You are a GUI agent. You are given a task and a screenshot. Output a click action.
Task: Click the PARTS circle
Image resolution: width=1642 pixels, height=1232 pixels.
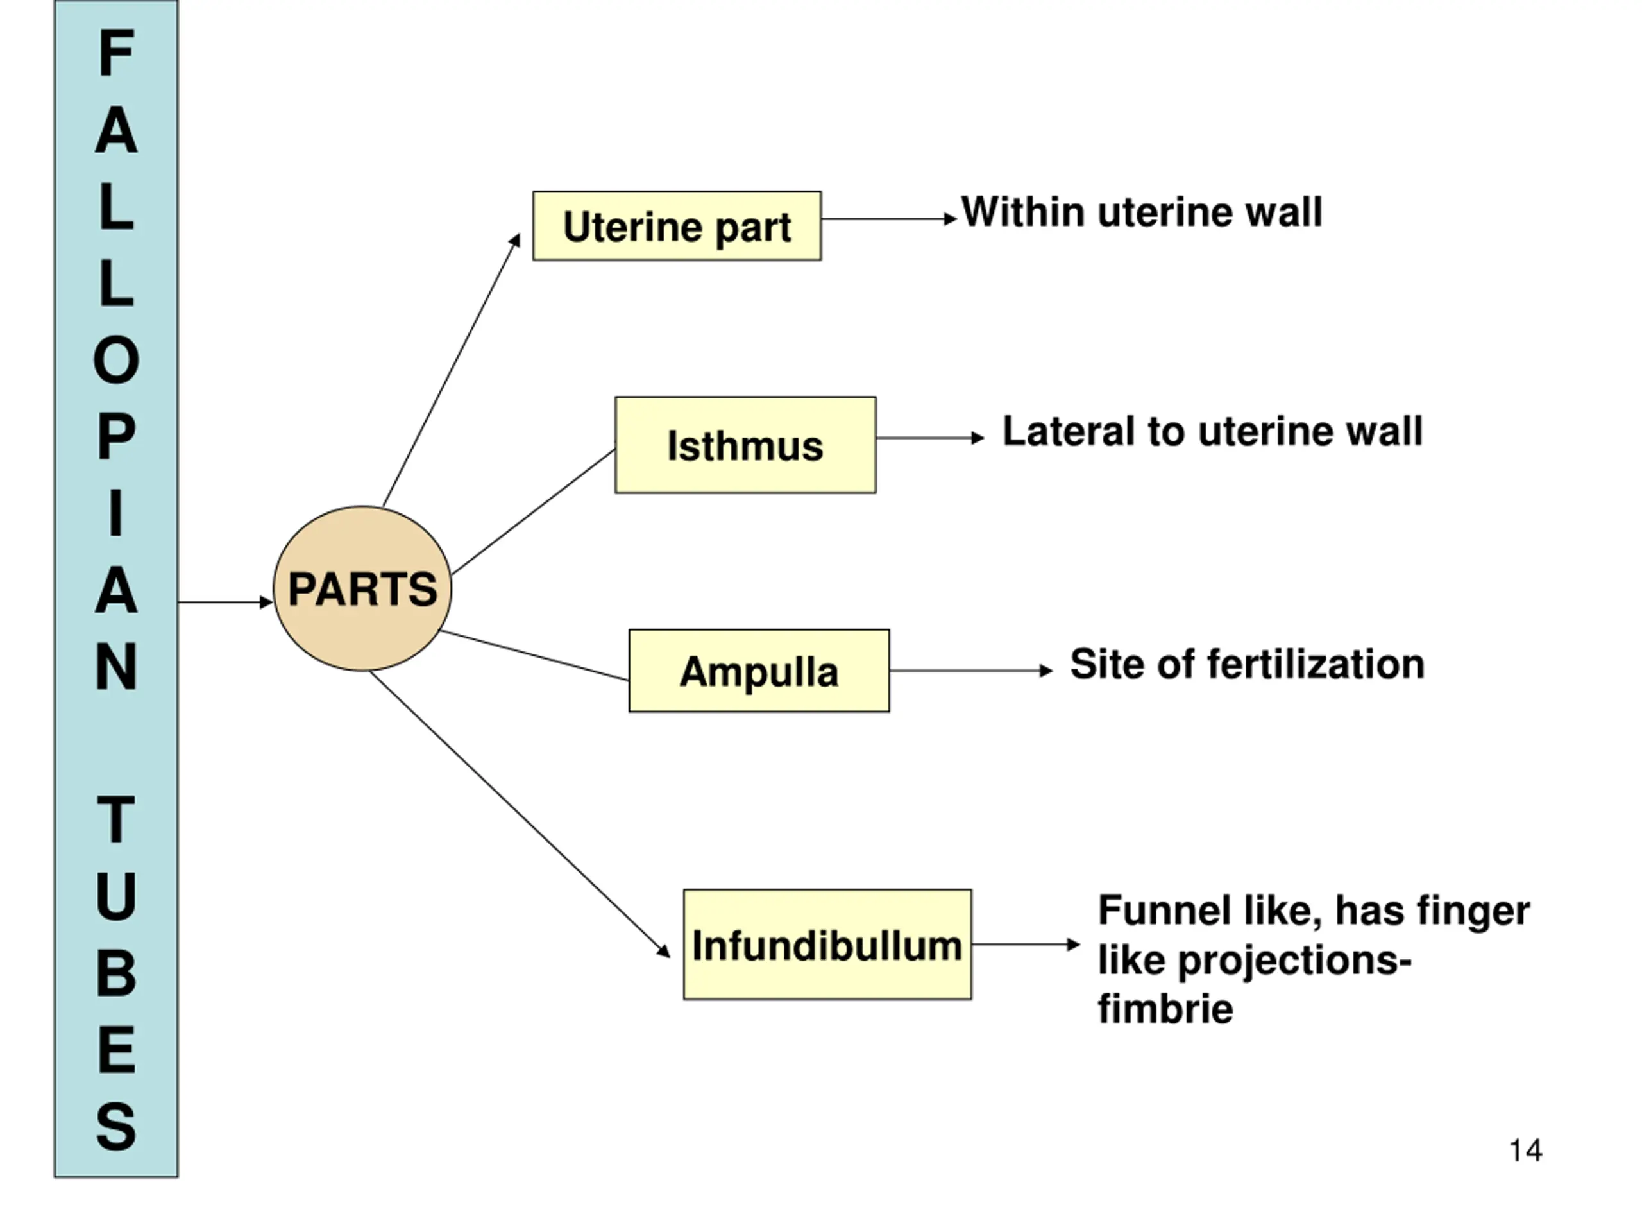pyautogui.click(x=362, y=589)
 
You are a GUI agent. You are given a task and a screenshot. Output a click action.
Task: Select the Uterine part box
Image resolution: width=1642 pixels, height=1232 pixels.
pyautogui.click(x=677, y=226)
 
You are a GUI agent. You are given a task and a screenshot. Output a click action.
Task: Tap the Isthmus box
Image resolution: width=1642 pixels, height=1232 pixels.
pyautogui.click(x=745, y=445)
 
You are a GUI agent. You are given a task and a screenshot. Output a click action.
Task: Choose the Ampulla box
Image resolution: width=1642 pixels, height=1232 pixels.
pyautogui.click(x=759, y=671)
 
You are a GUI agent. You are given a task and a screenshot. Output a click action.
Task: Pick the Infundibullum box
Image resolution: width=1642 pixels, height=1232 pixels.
pyautogui.click(x=827, y=944)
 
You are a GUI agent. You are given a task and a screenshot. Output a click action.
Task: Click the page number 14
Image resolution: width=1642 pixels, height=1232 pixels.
pyautogui.click(x=1525, y=1151)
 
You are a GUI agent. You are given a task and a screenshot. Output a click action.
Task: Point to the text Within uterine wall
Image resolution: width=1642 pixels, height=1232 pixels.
pyautogui.click(x=1142, y=212)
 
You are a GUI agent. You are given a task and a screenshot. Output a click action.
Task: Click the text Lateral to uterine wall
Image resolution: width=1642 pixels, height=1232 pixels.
pyautogui.click(x=1213, y=431)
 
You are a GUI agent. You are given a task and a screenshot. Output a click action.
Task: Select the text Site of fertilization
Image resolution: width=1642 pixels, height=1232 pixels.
pyautogui.click(x=1247, y=664)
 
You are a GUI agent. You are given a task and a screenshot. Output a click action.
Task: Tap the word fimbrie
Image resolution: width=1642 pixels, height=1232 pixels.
pyautogui.click(x=1165, y=1009)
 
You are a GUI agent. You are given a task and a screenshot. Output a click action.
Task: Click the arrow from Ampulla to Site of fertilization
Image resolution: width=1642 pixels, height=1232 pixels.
pyautogui.click(x=971, y=671)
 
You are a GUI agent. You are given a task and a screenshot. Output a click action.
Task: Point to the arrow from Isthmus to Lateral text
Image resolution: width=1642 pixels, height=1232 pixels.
pyautogui.click(x=930, y=438)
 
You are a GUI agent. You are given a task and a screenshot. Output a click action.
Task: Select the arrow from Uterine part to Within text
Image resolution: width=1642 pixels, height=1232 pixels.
pyautogui.click(x=889, y=219)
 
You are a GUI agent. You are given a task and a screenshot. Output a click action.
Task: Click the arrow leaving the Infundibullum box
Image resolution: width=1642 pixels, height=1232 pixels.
pyautogui.click(x=1026, y=945)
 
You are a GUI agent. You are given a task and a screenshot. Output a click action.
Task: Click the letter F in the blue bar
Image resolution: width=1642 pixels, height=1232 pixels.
pyautogui.click(x=117, y=53)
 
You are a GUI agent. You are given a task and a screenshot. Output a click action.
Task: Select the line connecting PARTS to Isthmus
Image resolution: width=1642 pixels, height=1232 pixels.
pyautogui.click(x=533, y=511)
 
